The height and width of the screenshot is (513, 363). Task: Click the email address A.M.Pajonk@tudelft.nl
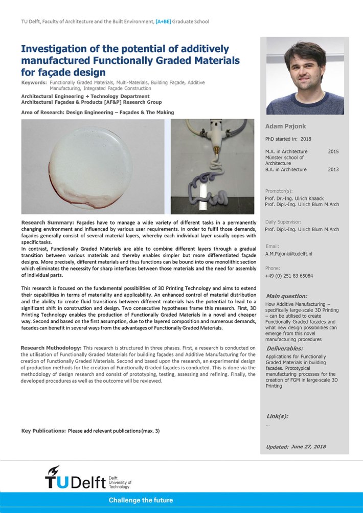coord(289,253)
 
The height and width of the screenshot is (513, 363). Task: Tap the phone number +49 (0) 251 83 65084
coord(289,276)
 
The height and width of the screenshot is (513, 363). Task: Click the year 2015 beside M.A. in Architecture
coord(333,151)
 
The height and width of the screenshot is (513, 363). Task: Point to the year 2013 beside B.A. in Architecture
coord(333,169)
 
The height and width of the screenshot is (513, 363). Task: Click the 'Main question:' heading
coord(286,296)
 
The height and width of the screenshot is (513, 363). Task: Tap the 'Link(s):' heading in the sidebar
coord(278,416)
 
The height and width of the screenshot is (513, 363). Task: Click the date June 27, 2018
coord(308,447)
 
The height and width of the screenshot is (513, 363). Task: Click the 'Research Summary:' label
coord(48,223)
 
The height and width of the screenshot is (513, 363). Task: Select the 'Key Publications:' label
coord(43,431)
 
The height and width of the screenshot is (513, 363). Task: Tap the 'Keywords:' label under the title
coord(34,82)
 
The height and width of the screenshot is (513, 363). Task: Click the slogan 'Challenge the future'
coord(141,500)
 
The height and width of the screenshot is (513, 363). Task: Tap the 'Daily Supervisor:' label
coord(283,222)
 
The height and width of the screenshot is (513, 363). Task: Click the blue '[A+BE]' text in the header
coord(163,21)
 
